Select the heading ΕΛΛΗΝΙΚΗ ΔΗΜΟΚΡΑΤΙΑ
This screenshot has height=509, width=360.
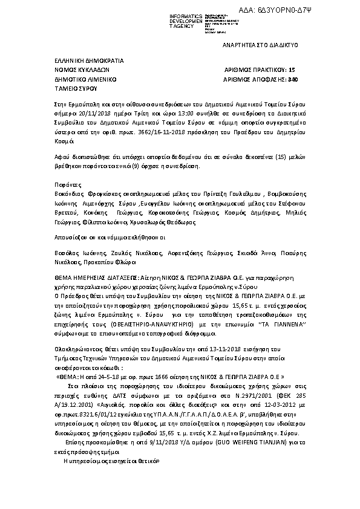pyautogui.click(x=88, y=60)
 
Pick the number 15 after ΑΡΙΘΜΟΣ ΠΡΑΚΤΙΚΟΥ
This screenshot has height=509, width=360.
pyautogui.click(x=292, y=70)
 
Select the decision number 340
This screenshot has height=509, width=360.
pyautogui.click(x=293, y=79)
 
